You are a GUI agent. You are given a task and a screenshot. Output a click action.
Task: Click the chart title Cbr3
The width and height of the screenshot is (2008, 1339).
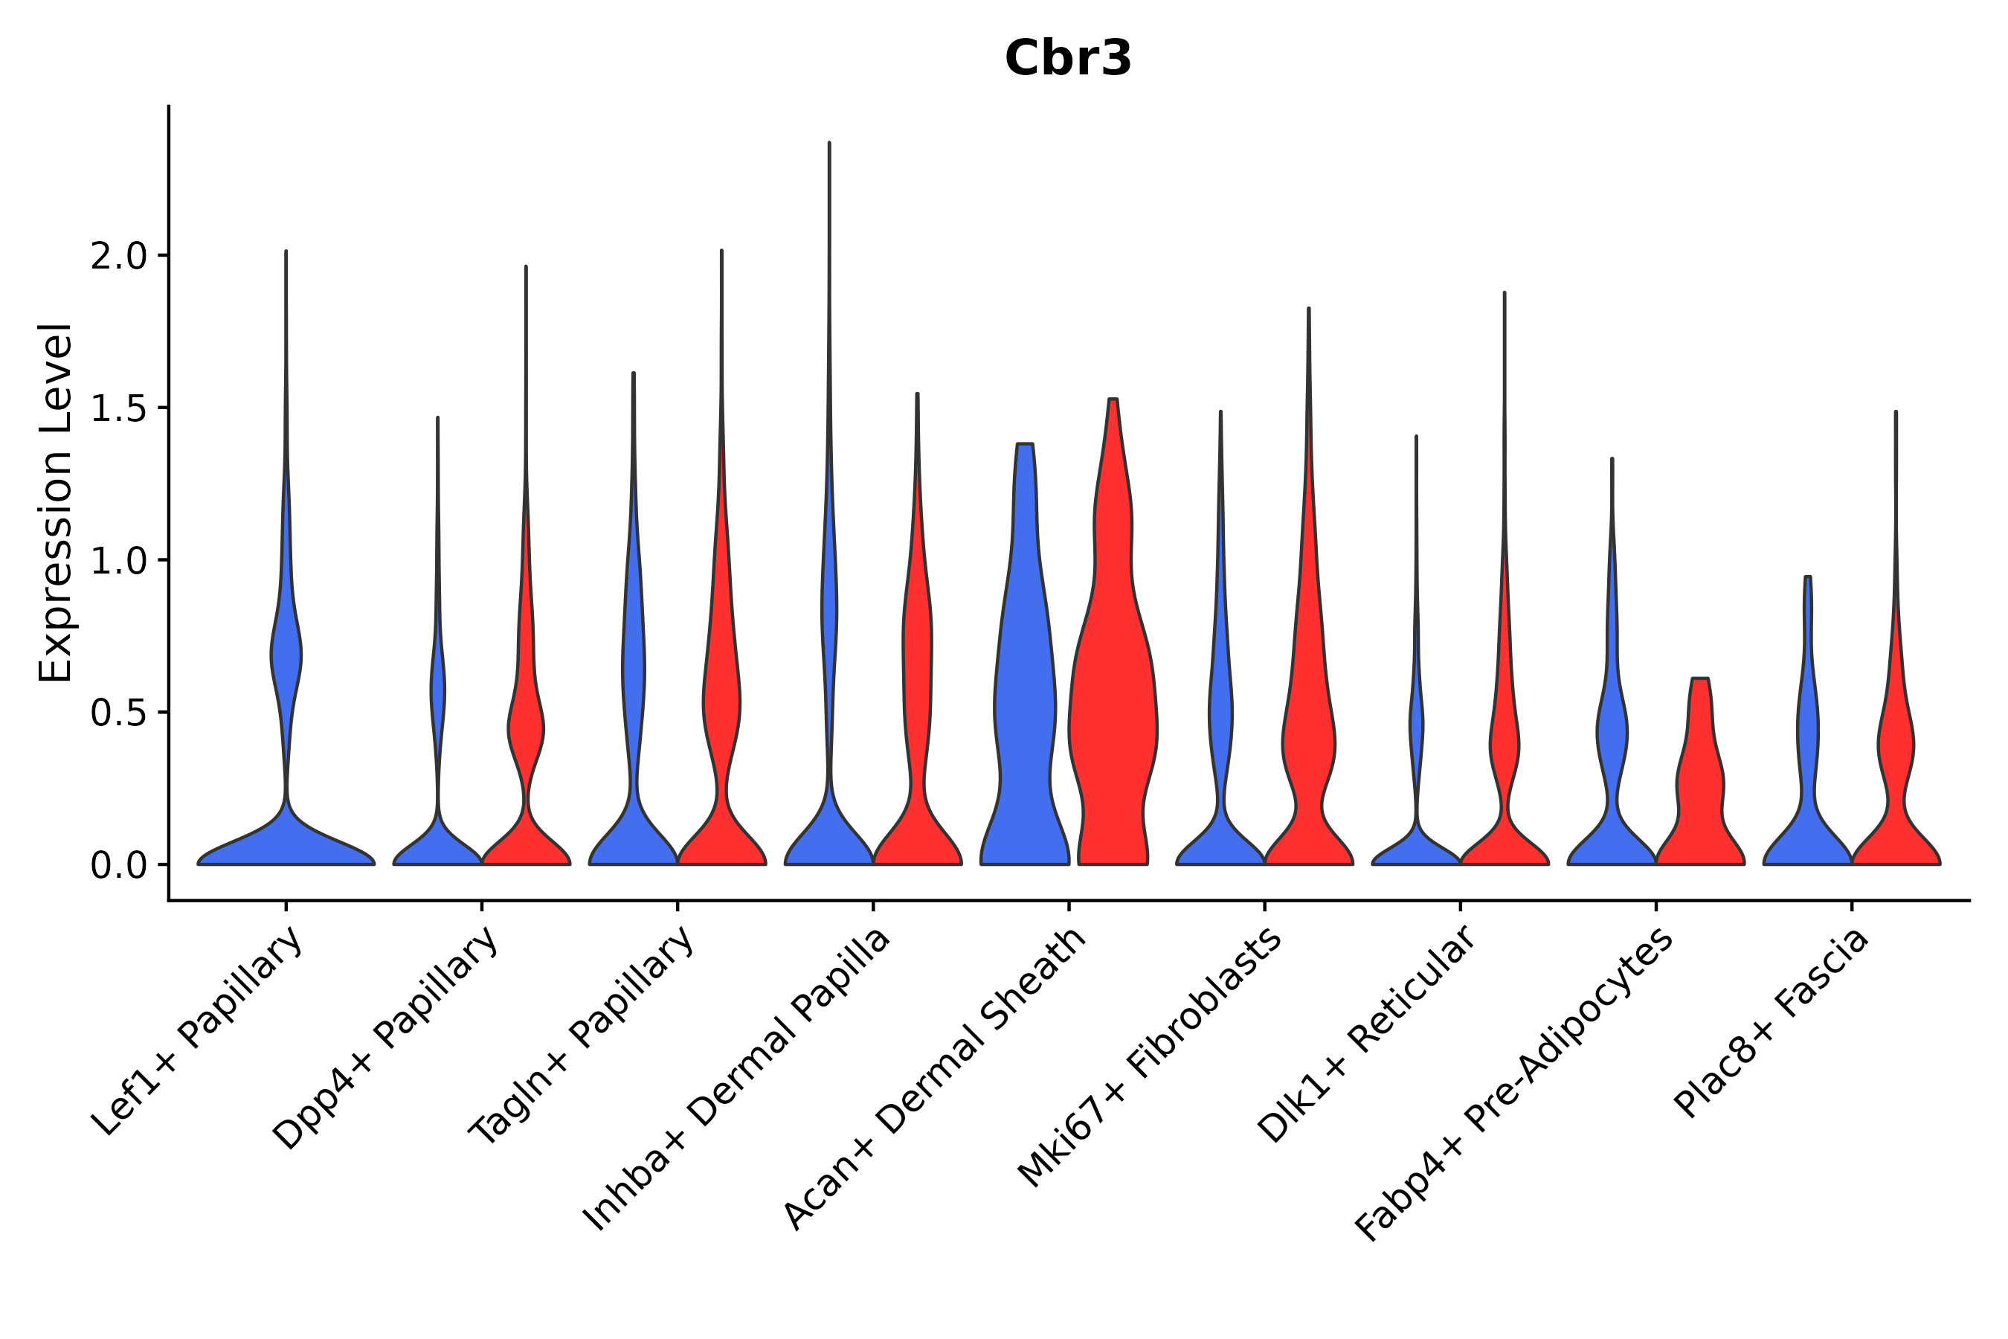coord(1068,59)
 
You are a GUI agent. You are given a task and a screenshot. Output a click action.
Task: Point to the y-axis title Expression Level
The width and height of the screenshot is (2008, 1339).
coord(56,502)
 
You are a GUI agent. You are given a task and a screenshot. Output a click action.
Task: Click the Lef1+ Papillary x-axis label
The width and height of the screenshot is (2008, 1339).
coord(197,1033)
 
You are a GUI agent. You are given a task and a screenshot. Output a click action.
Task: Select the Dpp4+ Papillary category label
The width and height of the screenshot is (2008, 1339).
coord(386,1039)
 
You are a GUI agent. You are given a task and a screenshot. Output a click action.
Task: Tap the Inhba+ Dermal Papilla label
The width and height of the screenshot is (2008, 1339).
coord(737,1079)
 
